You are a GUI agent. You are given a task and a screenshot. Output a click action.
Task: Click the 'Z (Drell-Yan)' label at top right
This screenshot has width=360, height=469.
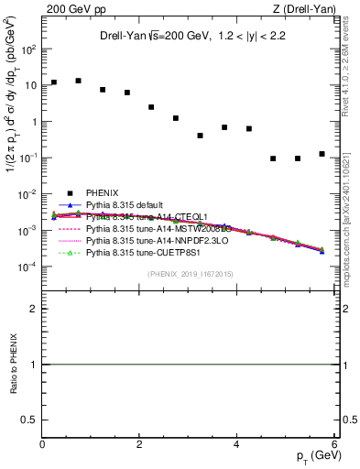[303, 9]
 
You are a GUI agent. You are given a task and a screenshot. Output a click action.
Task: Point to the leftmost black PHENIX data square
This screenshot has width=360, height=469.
[54, 82]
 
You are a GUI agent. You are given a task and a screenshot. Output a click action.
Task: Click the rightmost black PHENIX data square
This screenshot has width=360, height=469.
[322, 154]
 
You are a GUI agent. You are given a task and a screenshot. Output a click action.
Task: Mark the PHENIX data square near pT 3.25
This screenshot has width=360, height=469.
[200, 136]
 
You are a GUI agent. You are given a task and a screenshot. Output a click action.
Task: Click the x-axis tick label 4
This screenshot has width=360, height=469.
[237, 444]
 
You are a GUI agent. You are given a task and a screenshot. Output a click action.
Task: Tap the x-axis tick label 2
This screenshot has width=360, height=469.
[140, 444]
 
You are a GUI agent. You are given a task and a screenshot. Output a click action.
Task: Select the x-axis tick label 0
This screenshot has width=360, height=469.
[43, 444]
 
